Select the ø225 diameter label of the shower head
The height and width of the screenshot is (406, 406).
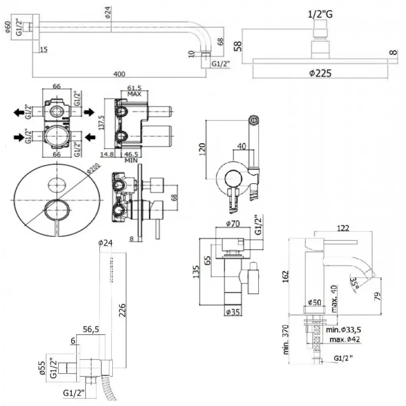[320, 73]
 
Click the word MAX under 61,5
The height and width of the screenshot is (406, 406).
[134, 94]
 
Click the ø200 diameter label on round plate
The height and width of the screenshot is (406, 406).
[93, 173]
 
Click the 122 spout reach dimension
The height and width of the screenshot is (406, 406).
[343, 228]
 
